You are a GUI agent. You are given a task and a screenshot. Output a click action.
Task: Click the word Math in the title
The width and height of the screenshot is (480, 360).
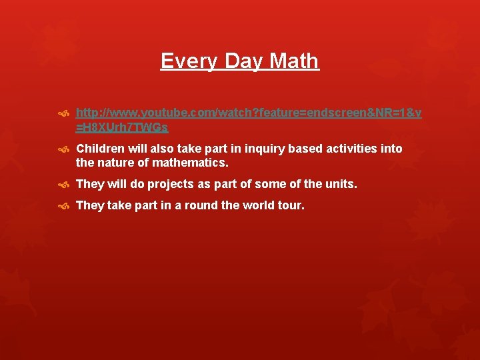(x=294, y=61)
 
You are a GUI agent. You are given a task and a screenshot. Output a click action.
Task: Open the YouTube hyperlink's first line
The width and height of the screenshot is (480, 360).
(x=249, y=113)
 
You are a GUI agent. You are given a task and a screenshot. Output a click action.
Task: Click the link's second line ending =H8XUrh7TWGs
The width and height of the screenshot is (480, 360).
(x=122, y=127)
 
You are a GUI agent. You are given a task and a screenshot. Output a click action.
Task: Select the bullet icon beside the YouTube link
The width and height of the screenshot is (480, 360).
(x=64, y=114)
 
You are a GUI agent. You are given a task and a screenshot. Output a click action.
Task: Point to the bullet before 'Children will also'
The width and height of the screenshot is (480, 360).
(x=64, y=149)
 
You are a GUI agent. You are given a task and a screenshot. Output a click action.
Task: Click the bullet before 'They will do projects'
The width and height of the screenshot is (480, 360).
(x=64, y=184)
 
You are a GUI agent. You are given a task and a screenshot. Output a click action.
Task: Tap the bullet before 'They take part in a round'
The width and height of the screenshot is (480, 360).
(x=64, y=206)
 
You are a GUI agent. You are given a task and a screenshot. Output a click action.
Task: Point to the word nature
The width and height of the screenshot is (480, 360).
(x=115, y=162)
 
